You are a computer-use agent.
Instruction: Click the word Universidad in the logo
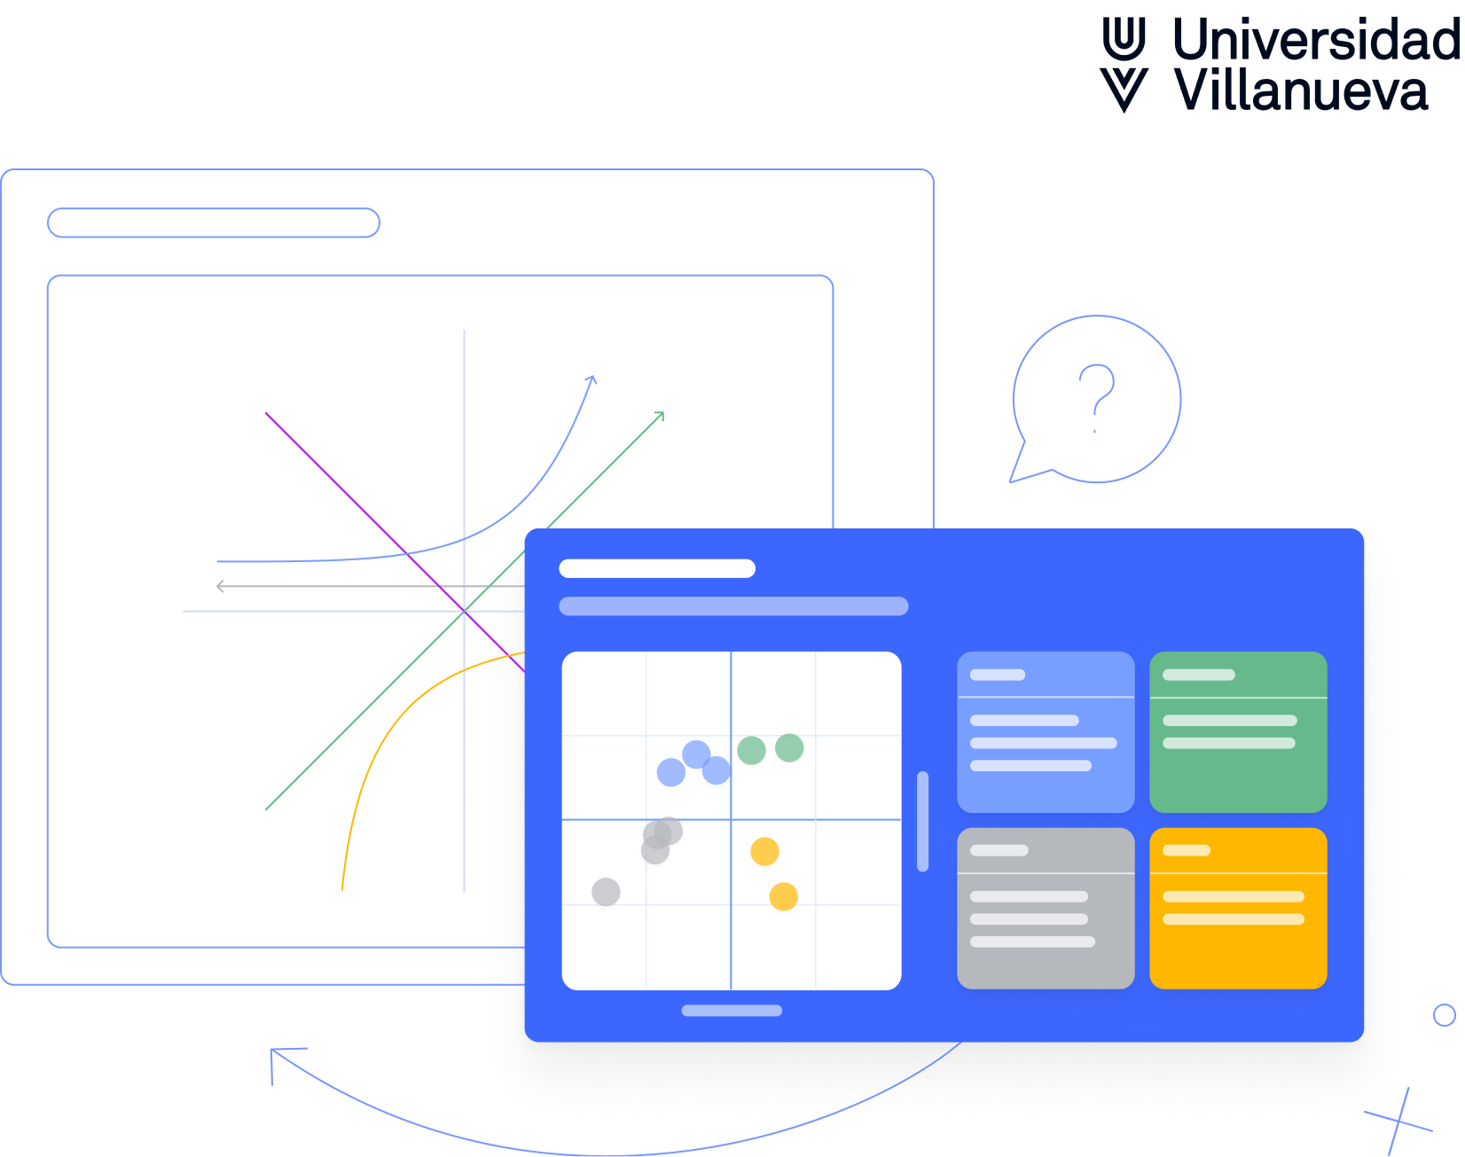[x=1315, y=40]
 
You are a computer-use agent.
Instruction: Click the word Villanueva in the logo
[x=1300, y=90]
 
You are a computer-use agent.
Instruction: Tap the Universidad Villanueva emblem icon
[x=1124, y=65]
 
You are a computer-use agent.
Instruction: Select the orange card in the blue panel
[x=1238, y=908]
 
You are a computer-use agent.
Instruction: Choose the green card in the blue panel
[x=1238, y=731]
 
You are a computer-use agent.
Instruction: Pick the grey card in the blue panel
[x=1046, y=908]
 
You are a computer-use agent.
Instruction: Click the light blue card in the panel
[x=1046, y=731]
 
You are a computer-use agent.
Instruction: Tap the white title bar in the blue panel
[x=657, y=568]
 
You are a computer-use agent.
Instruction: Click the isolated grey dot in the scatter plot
[x=606, y=892]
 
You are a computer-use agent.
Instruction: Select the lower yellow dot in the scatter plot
[x=783, y=896]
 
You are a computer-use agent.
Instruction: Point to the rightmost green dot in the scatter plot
[x=789, y=747]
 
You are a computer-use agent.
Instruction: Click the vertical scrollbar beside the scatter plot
[x=922, y=821]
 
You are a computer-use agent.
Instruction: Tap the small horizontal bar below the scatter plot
[x=732, y=1011]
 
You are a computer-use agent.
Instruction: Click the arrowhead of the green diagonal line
[x=660, y=416]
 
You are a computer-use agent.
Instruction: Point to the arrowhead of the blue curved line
[x=592, y=379]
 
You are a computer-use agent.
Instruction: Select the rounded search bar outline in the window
[x=214, y=223]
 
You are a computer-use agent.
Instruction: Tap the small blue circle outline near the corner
[x=1444, y=1015]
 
